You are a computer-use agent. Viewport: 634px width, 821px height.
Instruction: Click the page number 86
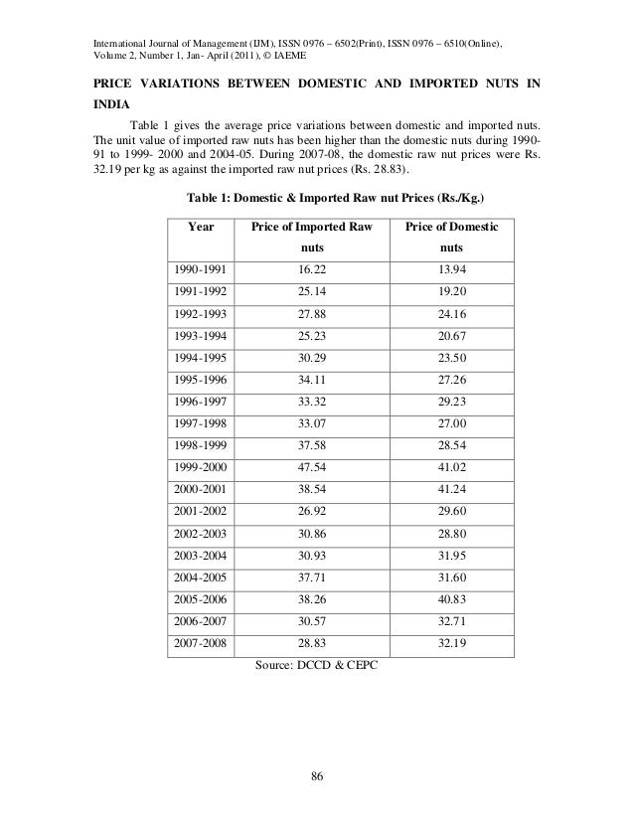pyautogui.click(x=316, y=775)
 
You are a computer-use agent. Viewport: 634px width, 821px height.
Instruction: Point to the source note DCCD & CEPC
pyautogui.click(x=310, y=664)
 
